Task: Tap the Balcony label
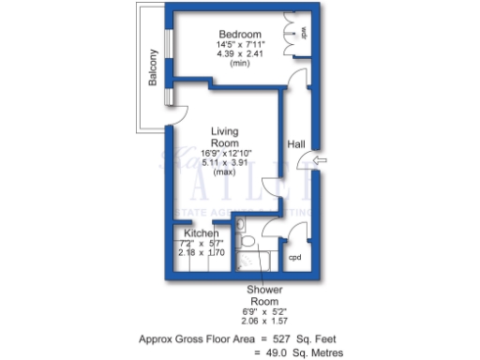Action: coord(153,67)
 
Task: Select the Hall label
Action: coord(296,143)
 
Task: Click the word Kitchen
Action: coord(202,232)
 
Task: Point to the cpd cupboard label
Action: coord(293,257)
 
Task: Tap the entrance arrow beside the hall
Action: coord(322,162)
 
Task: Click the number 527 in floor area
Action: coord(284,338)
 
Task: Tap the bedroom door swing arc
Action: coord(297,79)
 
